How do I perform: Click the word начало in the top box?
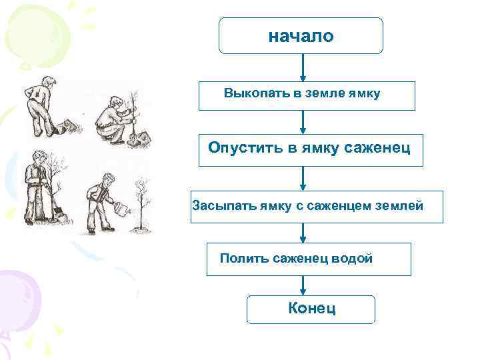[x=301, y=37]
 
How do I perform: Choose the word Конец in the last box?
[x=312, y=308]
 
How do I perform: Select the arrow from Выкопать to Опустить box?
[x=304, y=122]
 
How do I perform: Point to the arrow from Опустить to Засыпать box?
[x=304, y=178]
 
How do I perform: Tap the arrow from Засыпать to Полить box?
[x=304, y=233]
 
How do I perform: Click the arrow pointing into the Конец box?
[x=304, y=286]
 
